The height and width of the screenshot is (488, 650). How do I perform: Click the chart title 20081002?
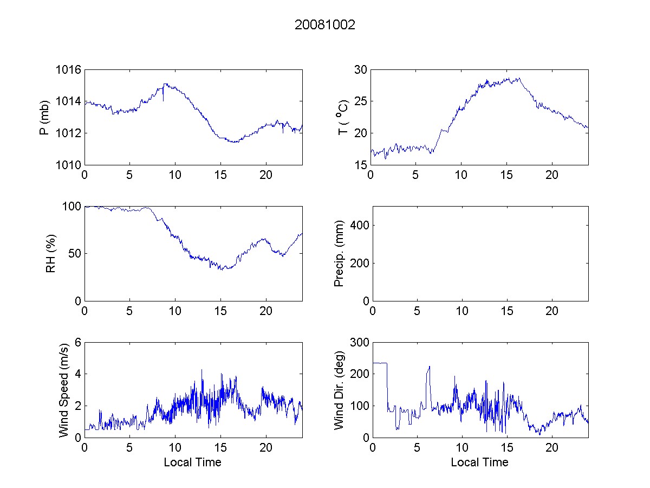[325, 25]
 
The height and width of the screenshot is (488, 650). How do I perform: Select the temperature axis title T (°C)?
[343, 117]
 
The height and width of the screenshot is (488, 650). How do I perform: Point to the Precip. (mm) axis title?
[339, 254]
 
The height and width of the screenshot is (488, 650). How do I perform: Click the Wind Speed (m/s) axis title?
[64, 389]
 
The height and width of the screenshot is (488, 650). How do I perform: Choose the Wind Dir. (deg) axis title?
[339, 389]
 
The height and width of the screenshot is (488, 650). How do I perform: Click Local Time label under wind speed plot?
[192, 463]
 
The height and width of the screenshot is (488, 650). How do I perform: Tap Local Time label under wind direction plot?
[479, 463]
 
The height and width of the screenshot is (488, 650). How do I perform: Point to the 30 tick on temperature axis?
[361, 70]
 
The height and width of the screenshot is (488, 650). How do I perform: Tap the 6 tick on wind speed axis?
[77, 343]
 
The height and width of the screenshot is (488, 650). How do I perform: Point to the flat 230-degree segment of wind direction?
[379, 363]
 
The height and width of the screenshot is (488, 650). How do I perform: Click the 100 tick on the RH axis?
[73, 207]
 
